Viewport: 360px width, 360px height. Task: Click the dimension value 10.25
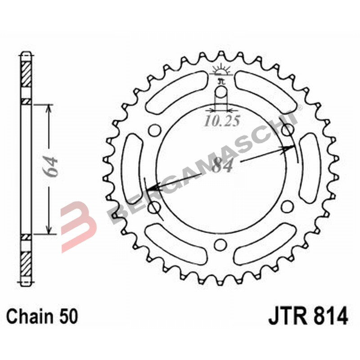pos(221,121)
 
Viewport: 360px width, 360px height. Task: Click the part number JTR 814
pos(308,316)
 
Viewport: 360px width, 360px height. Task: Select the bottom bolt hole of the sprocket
pos(220,244)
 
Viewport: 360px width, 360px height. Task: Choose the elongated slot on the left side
pos(132,168)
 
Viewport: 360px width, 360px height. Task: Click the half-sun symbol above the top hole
pos(220,70)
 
